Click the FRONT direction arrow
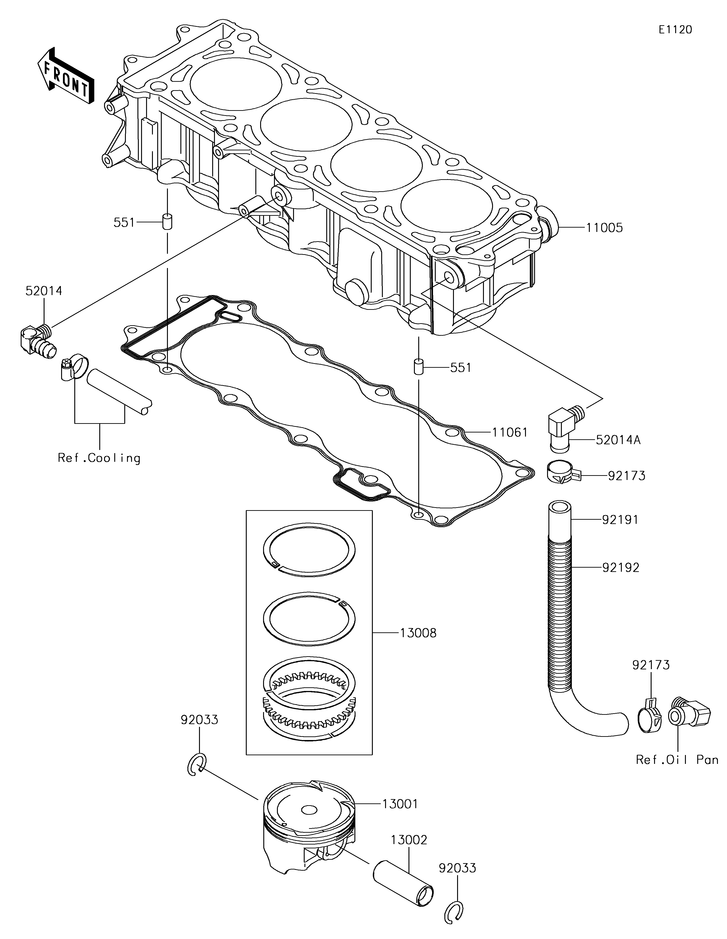[x=65, y=76]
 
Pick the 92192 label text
[x=620, y=568]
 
